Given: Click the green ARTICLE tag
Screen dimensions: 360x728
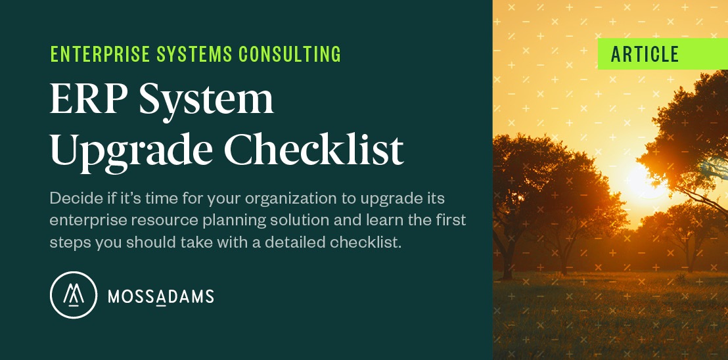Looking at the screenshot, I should (645, 54).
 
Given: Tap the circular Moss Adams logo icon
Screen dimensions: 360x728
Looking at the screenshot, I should (74, 295).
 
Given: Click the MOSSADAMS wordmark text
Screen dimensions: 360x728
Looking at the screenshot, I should (160, 296).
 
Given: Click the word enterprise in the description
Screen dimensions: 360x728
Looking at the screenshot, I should (84, 220).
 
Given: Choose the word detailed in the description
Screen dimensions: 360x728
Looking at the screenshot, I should (290, 242).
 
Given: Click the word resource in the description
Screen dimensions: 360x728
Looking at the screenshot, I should (150, 220).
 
